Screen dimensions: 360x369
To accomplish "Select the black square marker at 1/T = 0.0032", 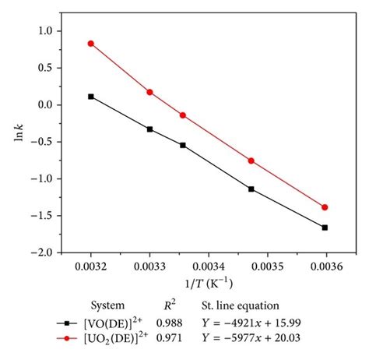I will click(x=91, y=97).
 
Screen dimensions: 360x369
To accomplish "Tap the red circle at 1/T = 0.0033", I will click(x=149, y=92).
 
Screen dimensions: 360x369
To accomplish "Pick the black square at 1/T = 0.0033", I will click(x=149, y=129).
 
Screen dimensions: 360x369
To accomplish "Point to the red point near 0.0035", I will click(x=251, y=161).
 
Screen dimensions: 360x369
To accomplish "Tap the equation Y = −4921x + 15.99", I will click(x=267, y=321).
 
